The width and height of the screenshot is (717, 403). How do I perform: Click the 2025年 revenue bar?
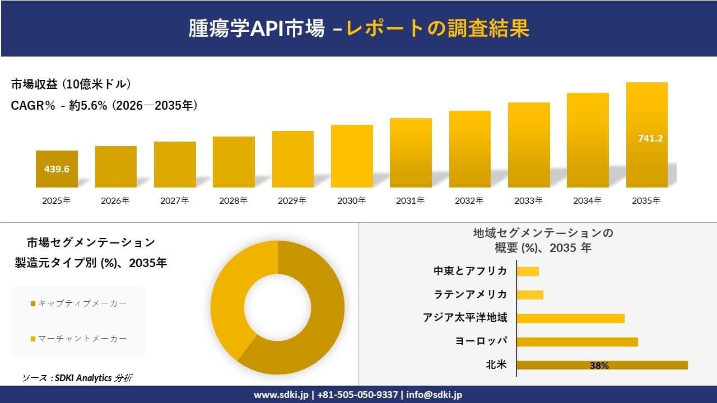[57, 169]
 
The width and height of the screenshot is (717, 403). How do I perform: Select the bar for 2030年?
[352, 156]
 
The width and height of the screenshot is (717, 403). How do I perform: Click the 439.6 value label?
[57, 168]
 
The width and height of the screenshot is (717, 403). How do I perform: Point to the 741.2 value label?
[650, 138]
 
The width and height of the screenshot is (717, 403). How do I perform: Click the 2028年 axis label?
[234, 200]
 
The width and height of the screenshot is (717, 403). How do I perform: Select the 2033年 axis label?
[528, 200]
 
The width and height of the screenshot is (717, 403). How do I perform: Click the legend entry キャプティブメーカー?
[78, 303]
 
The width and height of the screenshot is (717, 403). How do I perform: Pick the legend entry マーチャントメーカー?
[78, 339]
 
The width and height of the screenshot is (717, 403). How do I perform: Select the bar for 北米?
[602, 365]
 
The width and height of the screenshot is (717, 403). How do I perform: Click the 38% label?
[599, 365]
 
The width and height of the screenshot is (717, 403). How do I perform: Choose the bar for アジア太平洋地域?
[570, 318]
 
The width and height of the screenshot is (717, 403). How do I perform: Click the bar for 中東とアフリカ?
[527, 271]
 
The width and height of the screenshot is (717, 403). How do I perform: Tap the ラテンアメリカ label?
[471, 294]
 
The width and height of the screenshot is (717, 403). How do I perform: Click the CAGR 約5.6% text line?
[104, 106]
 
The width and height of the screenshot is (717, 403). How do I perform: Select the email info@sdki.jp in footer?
[434, 395]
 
